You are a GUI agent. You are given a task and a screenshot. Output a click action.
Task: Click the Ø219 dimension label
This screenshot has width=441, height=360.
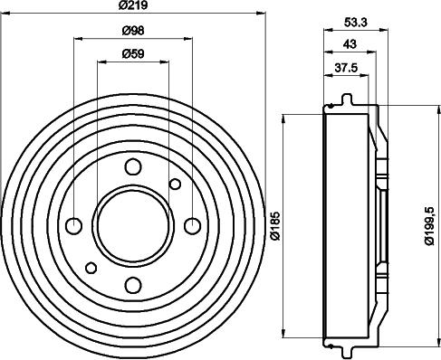pos(133,8)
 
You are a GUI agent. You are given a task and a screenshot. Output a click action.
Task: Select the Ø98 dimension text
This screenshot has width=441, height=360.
pos(133,32)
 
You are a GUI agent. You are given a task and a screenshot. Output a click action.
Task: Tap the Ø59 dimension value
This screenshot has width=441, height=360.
pos(133,54)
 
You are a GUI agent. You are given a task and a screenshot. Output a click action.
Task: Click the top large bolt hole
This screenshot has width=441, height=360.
pos(133,166)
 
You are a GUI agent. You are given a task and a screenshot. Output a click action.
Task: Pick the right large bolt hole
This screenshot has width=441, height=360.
pos(192,225)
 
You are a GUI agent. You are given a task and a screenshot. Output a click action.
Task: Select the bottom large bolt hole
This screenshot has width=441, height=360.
pos(133,285)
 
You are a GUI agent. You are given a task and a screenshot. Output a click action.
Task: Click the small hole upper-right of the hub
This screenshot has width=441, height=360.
pos(176,185)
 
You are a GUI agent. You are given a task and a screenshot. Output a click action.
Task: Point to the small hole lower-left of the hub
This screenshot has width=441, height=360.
pos(91,267)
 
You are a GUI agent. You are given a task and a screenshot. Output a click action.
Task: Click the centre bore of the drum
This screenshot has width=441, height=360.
pos(133,225)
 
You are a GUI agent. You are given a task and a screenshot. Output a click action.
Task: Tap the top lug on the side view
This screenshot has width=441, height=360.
pos(345,100)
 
